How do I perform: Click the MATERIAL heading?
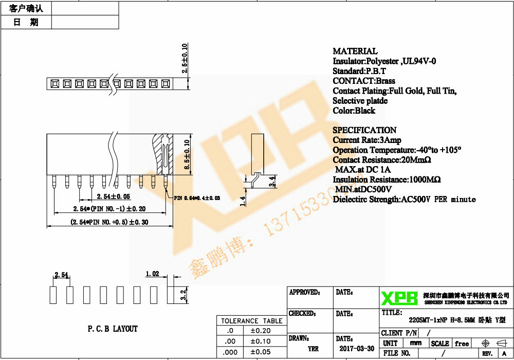355,51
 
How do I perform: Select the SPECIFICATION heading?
364,130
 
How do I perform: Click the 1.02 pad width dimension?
152,274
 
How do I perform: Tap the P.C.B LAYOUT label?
113,329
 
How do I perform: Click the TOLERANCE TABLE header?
252,321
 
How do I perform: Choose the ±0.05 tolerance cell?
260,352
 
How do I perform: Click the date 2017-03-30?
357,349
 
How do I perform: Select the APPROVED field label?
304,293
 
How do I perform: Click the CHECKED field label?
302,313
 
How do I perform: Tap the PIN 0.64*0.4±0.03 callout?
197,197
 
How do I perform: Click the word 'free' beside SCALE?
462,344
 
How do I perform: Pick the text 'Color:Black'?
354,111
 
